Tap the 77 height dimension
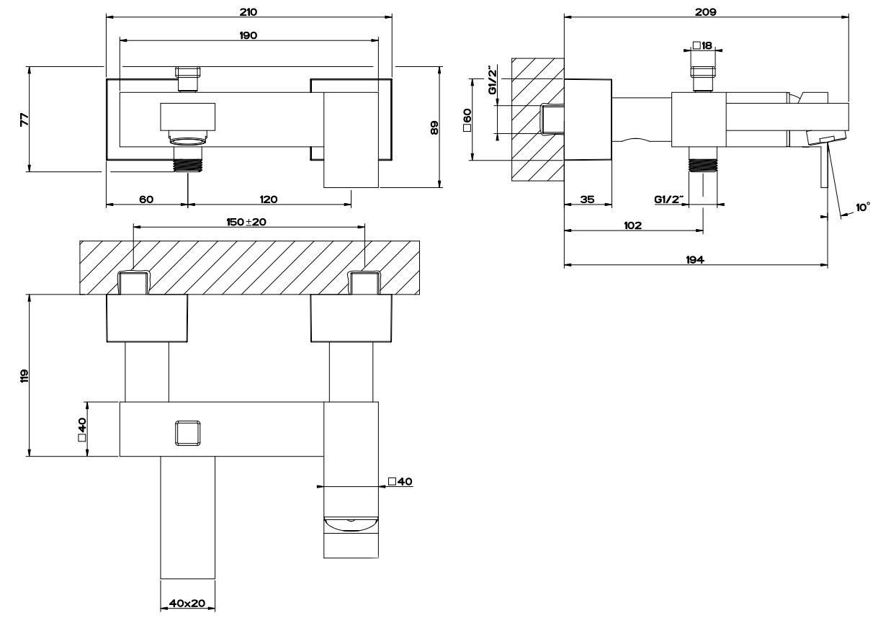pyautogui.click(x=23, y=120)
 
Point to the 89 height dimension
pyautogui.click(x=434, y=127)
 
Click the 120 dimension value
pyautogui.click(x=269, y=200)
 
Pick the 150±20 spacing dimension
pyautogui.click(x=247, y=222)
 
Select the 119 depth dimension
pyautogui.click(x=23, y=375)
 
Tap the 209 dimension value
pyautogui.click(x=705, y=12)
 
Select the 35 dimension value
pyautogui.click(x=587, y=200)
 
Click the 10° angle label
pyautogui.click(x=862, y=207)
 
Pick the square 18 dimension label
pyautogui.click(x=702, y=45)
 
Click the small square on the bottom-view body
pyautogui.click(x=187, y=434)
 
